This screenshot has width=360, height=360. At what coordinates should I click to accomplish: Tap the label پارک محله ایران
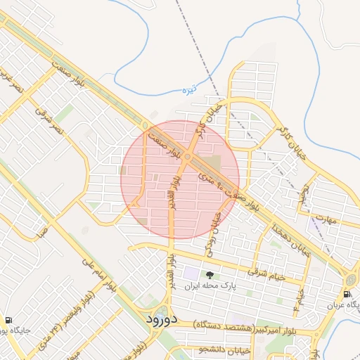pyautogui.click(x=210, y=287)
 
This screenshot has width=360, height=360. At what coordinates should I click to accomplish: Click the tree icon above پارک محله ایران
pyautogui.click(x=209, y=275)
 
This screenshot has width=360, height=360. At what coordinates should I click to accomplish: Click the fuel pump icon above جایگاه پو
pyautogui.click(x=8, y=319)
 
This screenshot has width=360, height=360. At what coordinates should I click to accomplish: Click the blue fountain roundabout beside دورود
pyautogui.click(x=163, y=312)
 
